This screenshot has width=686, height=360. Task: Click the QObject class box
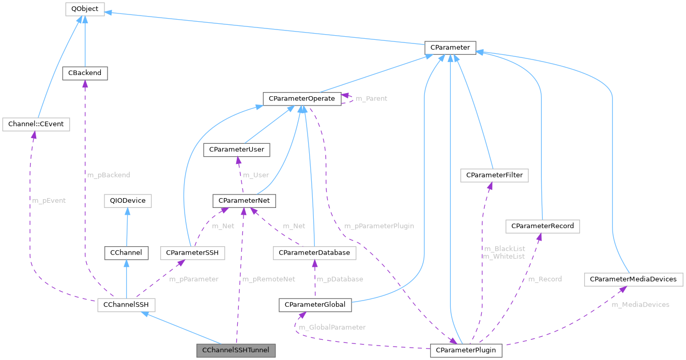pyautogui.click(x=84, y=9)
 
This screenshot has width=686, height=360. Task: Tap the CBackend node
pyautogui.click(x=85, y=73)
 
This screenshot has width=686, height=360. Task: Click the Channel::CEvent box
pyautogui.click(x=36, y=124)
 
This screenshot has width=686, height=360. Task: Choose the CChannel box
pyautogui.click(x=126, y=252)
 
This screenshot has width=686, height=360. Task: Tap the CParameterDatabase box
pyautogui.click(x=314, y=252)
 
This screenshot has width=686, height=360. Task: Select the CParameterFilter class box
pyautogui.click(x=494, y=175)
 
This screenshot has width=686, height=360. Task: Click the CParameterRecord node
pyautogui.click(x=543, y=226)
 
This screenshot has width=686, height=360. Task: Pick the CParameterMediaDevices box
pyautogui.click(x=633, y=279)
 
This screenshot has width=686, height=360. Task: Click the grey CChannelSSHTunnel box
pyautogui.click(x=236, y=350)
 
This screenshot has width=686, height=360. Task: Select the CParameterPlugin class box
pyautogui.click(x=466, y=350)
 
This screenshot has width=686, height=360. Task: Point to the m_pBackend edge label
pyautogui.click(x=109, y=175)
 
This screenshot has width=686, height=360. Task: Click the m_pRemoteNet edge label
pyautogui.click(x=268, y=279)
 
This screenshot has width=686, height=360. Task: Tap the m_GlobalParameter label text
pyautogui.click(x=333, y=327)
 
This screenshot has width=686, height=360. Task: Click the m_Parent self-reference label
pyautogui.click(x=371, y=98)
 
